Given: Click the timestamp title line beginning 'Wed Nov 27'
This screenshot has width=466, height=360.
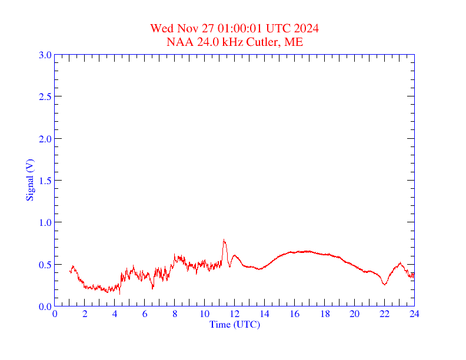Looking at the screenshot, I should pos(235,28).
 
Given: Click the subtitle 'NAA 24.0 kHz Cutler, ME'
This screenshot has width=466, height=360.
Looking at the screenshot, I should pos(235,42).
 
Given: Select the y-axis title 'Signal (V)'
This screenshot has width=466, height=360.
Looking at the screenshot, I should pos(29,180).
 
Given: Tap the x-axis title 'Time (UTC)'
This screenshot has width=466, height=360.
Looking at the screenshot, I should pos(235,324).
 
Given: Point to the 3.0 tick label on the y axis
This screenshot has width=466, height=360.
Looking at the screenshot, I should pos(45,55).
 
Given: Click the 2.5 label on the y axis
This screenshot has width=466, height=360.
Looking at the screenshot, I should pos(45,96).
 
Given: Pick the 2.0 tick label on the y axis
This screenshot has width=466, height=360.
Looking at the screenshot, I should pos(45,139).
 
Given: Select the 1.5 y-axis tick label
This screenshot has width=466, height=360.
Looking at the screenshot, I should pos(45,181).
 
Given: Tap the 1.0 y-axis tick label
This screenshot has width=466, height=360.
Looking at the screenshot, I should pos(45,222).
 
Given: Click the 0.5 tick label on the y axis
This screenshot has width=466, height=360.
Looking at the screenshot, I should pos(45,265).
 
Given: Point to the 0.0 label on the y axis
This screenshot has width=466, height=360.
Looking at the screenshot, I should pos(45,306).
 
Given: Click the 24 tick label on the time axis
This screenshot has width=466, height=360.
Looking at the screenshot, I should pos(414,314).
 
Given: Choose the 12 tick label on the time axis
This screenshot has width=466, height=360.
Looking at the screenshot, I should pos(235,314).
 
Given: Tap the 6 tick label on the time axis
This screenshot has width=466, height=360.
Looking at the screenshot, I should pos(145,314).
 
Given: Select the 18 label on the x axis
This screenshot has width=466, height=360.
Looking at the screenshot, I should pos(325,314).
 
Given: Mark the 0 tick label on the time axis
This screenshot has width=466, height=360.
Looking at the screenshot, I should pos(55,314).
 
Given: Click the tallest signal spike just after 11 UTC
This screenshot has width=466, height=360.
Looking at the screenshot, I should pos(224,240).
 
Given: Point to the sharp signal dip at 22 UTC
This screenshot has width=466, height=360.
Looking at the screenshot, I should pos(385,285).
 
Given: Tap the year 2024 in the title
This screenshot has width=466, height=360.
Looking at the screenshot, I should pos(307,28).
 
